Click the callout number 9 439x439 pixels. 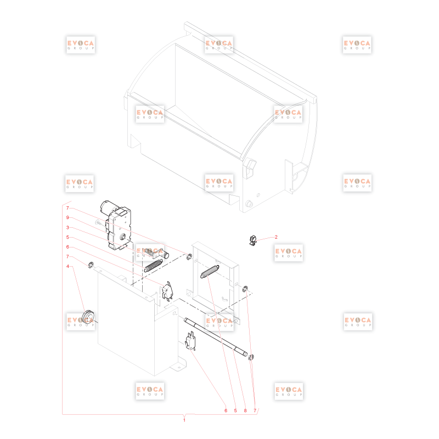tap(67, 217)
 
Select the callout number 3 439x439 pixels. tap(67, 227)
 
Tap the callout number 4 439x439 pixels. tap(67, 266)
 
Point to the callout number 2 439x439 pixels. tap(276, 237)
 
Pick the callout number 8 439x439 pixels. tap(245, 410)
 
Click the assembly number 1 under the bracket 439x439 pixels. tap(184, 420)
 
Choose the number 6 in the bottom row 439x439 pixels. tap(226, 410)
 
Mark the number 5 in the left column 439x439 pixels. tap(67, 237)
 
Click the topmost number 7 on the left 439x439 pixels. tap(67, 208)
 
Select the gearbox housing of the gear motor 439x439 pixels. tap(119, 229)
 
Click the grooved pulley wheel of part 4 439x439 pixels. tap(88, 317)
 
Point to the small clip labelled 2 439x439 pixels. tap(253, 240)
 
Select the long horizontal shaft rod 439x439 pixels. tap(216, 337)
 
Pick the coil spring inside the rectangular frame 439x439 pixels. tap(210, 271)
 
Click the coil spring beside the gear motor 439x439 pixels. tap(153, 266)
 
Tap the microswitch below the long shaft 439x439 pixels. tap(190, 341)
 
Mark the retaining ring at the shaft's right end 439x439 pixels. tap(251, 357)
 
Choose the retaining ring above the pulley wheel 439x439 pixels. tap(91, 265)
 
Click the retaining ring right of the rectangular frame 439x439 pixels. tap(245, 289)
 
